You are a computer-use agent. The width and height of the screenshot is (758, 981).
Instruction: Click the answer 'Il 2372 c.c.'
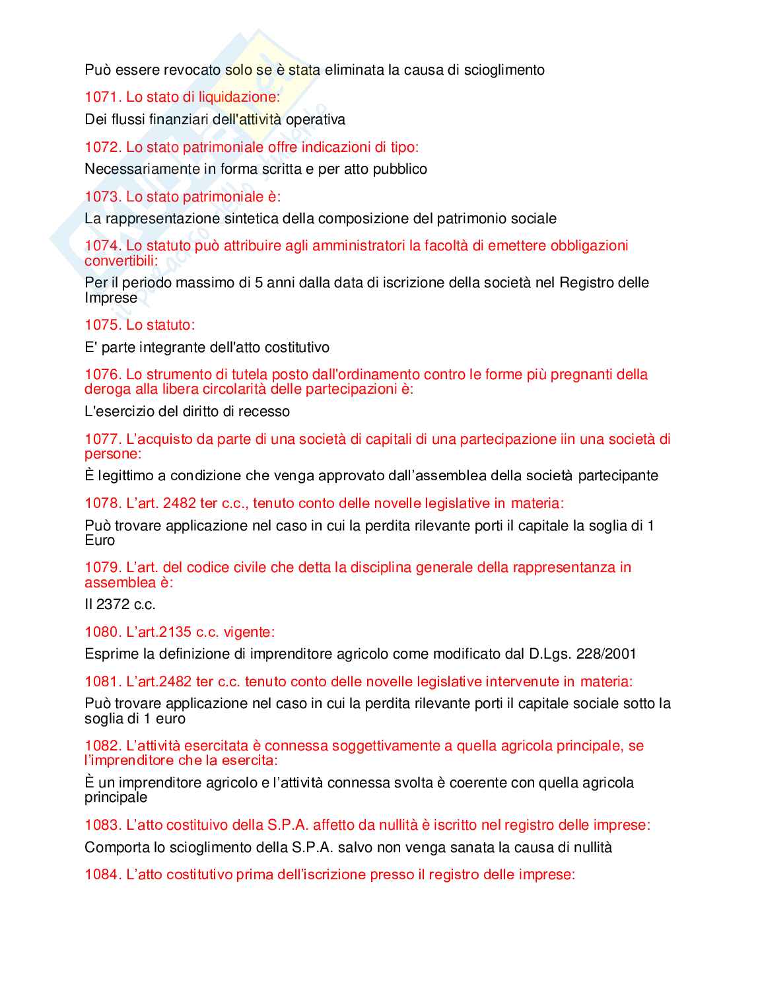point(120,604)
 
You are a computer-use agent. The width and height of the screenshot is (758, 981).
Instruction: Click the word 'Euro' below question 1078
point(100,540)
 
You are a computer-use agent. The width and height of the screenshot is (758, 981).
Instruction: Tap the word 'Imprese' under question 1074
point(111,298)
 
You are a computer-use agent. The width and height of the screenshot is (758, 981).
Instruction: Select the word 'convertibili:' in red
point(121,260)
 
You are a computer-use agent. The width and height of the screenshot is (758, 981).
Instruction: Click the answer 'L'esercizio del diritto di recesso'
point(187,412)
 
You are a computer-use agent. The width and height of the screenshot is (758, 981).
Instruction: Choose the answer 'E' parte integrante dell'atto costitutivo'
point(207,347)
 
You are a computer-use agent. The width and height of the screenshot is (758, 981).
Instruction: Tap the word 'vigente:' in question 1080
point(249,632)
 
